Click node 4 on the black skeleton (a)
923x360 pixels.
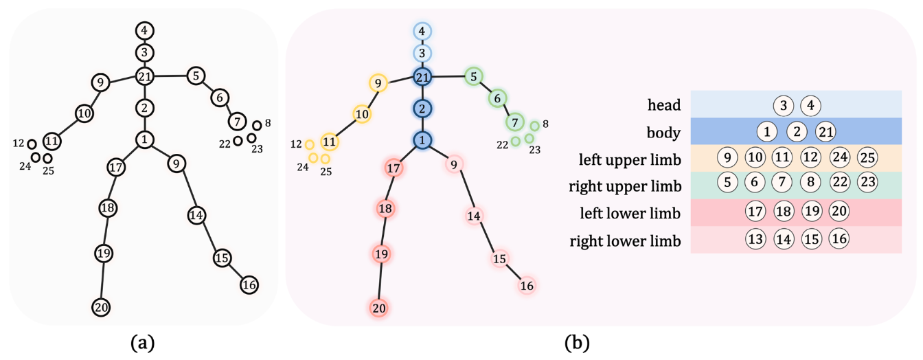tap(144, 30)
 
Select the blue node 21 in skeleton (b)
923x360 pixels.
tap(422, 76)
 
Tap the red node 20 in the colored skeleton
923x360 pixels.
tap(379, 308)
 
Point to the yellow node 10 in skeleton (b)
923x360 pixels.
tap(362, 113)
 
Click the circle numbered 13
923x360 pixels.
tap(755, 239)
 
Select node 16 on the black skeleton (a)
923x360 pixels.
tap(249, 284)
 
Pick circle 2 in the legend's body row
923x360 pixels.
tap(795, 131)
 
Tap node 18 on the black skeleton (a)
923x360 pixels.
tap(107, 207)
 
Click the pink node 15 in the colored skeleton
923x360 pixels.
tap(499, 258)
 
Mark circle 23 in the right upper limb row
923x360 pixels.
tap(867, 183)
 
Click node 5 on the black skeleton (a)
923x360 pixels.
tap(196, 76)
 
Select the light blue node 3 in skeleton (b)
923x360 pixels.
tap(422, 53)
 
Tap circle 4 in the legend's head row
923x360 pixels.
tap(810, 106)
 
